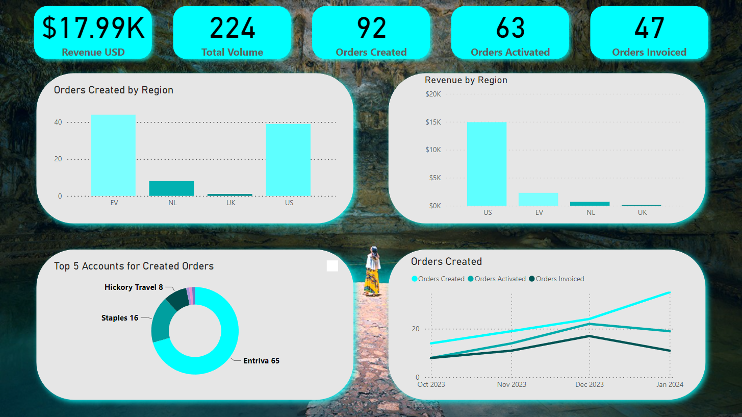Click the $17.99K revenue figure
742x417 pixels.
tap(93, 28)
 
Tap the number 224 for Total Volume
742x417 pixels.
tap(232, 28)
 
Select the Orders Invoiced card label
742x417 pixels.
tap(649, 52)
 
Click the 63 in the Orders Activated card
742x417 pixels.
tap(510, 28)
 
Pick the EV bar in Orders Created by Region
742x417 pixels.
tap(113, 155)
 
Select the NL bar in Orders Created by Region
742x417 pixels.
tap(171, 188)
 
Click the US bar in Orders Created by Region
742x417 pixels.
tap(288, 160)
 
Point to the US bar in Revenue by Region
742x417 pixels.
tap(487, 164)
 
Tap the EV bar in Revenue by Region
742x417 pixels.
tap(539, 199)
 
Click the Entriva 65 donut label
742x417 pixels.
tap(261, 361)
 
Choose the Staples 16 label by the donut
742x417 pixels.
tap(120, 318)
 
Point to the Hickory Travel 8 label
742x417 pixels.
tap(134, 287)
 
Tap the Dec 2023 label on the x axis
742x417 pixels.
tap(590, 384)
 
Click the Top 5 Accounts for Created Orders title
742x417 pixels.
tap(134, 266)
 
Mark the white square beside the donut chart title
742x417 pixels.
tap(332, 266)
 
